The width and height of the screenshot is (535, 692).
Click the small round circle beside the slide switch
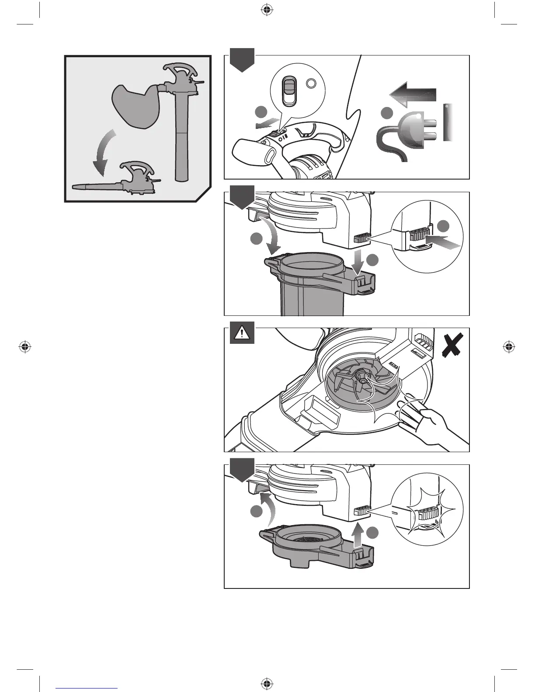310,84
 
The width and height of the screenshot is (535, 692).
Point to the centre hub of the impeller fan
361,375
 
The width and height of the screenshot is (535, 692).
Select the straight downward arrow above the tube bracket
358,261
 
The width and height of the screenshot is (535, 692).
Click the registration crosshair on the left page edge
25,347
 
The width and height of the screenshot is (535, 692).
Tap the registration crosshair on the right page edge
508,347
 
